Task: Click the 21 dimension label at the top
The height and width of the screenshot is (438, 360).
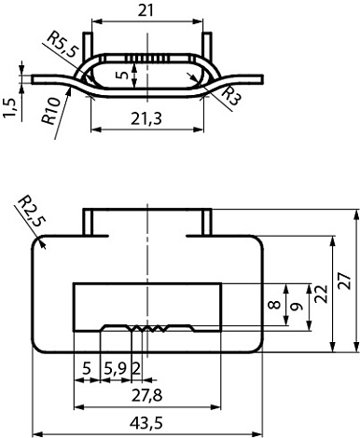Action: coord(145,11)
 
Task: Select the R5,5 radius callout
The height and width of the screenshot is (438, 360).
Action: coord(62,44)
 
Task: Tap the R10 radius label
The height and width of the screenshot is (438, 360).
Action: coord(50,111)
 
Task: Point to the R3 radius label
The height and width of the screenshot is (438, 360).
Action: coord(231,96)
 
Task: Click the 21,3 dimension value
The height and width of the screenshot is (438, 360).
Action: coord(146,118)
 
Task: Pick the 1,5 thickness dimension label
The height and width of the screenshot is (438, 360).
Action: coord(9,108)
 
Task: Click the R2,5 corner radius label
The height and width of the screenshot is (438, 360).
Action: coord(32,210)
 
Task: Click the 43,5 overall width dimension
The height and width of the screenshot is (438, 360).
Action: coord(146,423)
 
